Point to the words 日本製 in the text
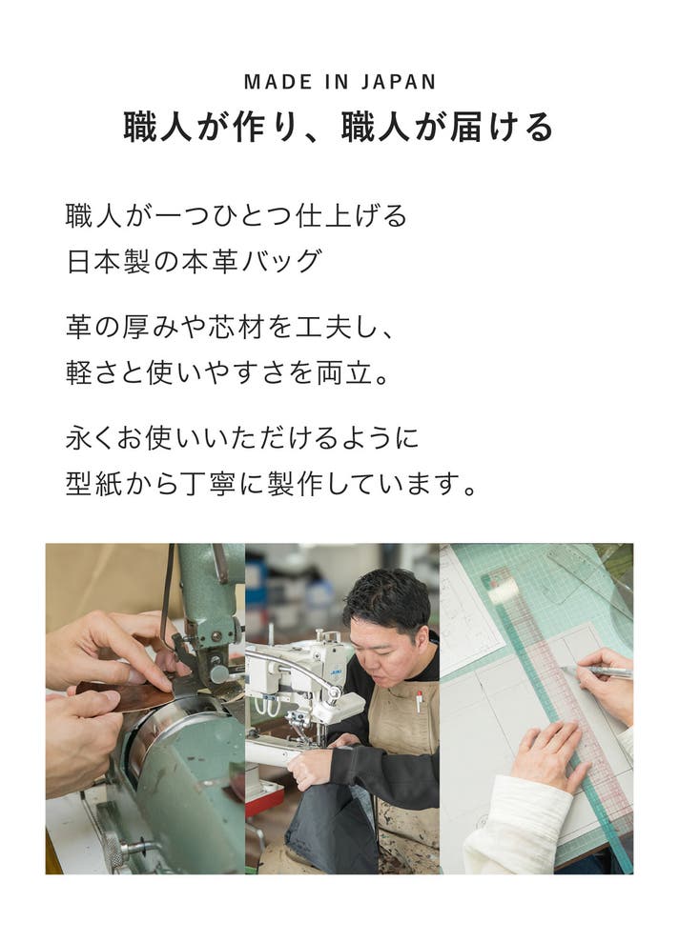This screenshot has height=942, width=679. point(108,261)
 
